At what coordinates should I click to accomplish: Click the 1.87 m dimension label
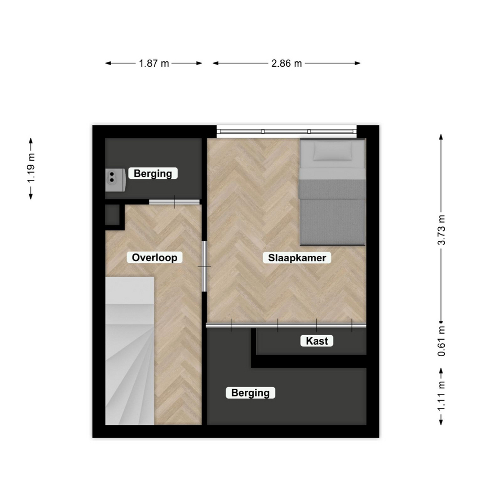(x=154, y=63)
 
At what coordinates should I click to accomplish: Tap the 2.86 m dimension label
(x=287, y=63)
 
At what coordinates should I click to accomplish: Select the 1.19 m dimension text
(x=31, y=168)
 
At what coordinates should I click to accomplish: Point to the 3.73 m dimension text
(x=442, y=230)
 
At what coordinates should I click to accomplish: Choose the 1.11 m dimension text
(x=442, y=397)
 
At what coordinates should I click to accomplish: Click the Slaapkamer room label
(x=297, y=258)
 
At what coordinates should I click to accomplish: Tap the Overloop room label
(x=154, y=258)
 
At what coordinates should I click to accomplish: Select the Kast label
(x=317, y=341)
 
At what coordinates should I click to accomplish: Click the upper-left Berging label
(x=153, y=174)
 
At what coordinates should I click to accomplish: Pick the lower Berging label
(x=250, y=392)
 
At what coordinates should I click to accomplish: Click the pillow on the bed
(x=333, y=151)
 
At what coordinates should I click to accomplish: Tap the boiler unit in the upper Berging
(x=115, y=180)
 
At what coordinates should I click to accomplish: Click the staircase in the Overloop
(x=130, y=350)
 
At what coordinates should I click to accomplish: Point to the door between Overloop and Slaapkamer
(x=205, y=266)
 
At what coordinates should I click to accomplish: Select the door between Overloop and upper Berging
(x=174, y=202)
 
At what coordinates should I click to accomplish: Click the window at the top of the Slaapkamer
(x=287, y=131)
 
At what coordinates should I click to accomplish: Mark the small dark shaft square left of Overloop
(x=112, y=215)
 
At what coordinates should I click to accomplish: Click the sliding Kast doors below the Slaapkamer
(x=286, y=325)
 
